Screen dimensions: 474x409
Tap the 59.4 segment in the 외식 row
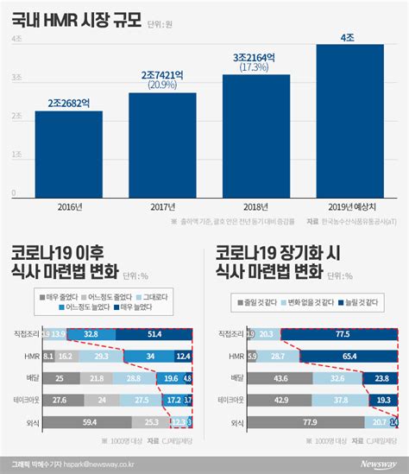pyautogui.click(x=85, y=421)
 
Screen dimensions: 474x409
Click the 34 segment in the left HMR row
pyautogui.click(x=151, y=355)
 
